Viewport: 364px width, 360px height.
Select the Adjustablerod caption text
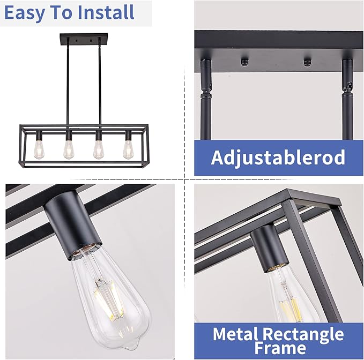[278, 158]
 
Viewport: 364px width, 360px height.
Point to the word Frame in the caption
[278, 349]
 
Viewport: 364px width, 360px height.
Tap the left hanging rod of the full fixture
[68, 86]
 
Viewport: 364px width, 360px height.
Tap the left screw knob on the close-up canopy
[243, 61]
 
